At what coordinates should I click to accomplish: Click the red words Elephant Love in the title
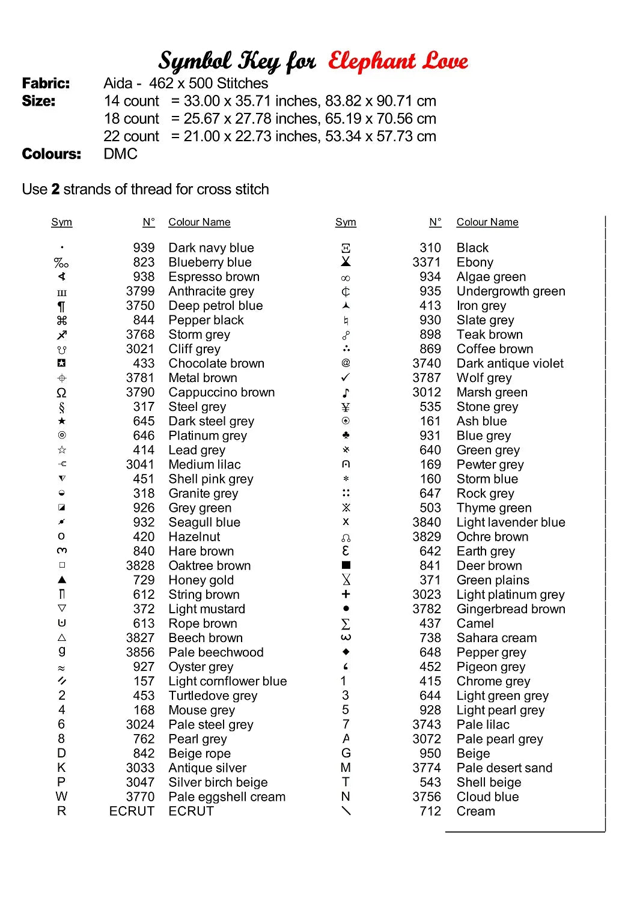tap(398, 61)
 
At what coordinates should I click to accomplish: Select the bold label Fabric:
tap(46, 83)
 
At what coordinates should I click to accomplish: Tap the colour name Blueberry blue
tap(210, 262)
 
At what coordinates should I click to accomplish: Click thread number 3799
tap(140, 291)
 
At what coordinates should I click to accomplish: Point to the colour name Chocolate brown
tap(216, 363)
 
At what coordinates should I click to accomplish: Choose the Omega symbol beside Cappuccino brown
tap(61, 393)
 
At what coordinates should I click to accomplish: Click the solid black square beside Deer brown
tap(346, 565)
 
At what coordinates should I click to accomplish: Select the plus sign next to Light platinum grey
tap(346, 594)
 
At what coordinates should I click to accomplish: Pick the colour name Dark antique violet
tap(510, 363)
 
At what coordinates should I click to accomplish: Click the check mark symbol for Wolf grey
tap(346, 378)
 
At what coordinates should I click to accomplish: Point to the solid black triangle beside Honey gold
tap(62, 580)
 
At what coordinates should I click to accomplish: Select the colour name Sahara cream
tap(496, 638)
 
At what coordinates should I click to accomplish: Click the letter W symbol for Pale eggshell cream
tap(61, 796)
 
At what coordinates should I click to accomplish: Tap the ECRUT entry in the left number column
tap(132, 811)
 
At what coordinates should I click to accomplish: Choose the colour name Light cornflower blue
tap(227, 681)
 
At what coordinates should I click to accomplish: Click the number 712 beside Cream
tap(430, 811)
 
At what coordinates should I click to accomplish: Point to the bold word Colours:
tap(51, 154)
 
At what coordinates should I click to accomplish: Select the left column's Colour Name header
tap(199, 222)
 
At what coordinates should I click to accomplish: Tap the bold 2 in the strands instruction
tap(55, 189)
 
